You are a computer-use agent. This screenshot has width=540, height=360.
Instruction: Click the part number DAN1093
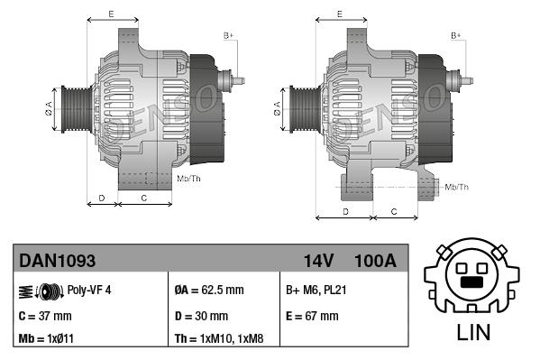[x=57, y=261]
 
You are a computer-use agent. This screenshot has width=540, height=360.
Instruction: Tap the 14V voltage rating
[x=318, y=261]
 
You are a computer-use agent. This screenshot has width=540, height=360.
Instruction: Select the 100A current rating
[x=376, y=261]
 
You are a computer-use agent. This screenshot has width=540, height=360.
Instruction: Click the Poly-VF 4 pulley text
[x=89, y=291]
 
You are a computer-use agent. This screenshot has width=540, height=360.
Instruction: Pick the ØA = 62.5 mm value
[x=208, y=291]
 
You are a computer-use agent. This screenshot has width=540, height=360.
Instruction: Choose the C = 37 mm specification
[x=46, y=316]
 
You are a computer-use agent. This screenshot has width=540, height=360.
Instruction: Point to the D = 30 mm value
[x=201, y=316]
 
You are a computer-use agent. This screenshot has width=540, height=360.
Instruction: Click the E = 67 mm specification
[x=312, y=316]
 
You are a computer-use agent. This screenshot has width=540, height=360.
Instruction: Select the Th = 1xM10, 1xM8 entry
[x=220, y=340]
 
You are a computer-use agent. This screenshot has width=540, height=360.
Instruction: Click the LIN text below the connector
[x=474, y=331]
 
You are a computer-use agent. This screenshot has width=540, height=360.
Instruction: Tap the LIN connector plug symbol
[x=474, y=276]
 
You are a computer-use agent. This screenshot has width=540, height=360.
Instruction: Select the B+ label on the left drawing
[x=228, y=35]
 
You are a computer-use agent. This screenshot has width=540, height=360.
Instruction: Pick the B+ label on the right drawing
[x=456, y=35]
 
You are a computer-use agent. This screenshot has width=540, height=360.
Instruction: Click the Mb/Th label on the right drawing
[x=457, y=187]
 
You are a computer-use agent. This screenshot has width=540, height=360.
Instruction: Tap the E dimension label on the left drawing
[x=111, y=14]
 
